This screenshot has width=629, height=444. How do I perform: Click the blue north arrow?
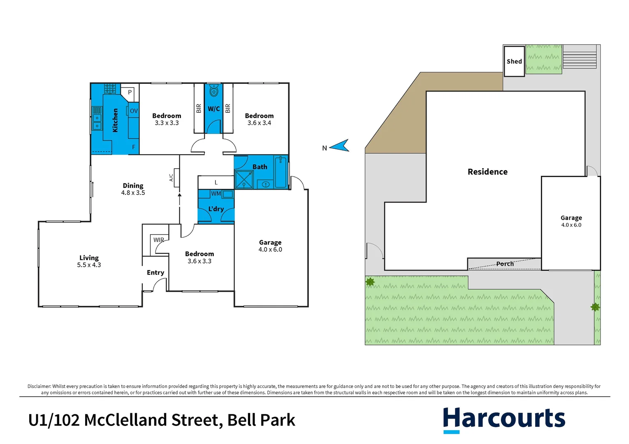coord(340,146)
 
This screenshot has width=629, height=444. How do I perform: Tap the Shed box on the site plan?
coord(514,61)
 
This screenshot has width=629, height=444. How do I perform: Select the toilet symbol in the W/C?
coord(214,90)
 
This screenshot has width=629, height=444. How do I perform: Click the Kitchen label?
coord(115,120)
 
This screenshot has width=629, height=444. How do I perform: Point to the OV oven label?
coord(134,111)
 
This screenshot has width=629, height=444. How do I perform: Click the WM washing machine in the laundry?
coord(216,194)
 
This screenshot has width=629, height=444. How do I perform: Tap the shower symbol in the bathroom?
coord(244,180)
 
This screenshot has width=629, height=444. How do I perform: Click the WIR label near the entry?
coord(158,240)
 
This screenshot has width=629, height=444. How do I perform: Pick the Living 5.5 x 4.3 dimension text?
coord(89,265)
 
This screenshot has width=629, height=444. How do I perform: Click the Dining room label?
coord(133,186)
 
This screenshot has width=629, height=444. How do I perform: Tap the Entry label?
coord(156,273)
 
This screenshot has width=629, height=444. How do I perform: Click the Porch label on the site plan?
coord(505,264)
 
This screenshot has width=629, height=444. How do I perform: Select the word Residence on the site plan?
coord(487,172)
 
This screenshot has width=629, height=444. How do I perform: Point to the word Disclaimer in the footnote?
coord(39,386)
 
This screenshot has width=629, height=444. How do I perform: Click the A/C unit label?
coord(172,178)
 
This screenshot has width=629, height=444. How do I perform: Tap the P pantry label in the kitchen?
coord(130,92)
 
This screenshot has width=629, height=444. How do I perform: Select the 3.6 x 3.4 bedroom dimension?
coord(259,123)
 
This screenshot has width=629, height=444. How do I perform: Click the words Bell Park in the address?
coord(261,420)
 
